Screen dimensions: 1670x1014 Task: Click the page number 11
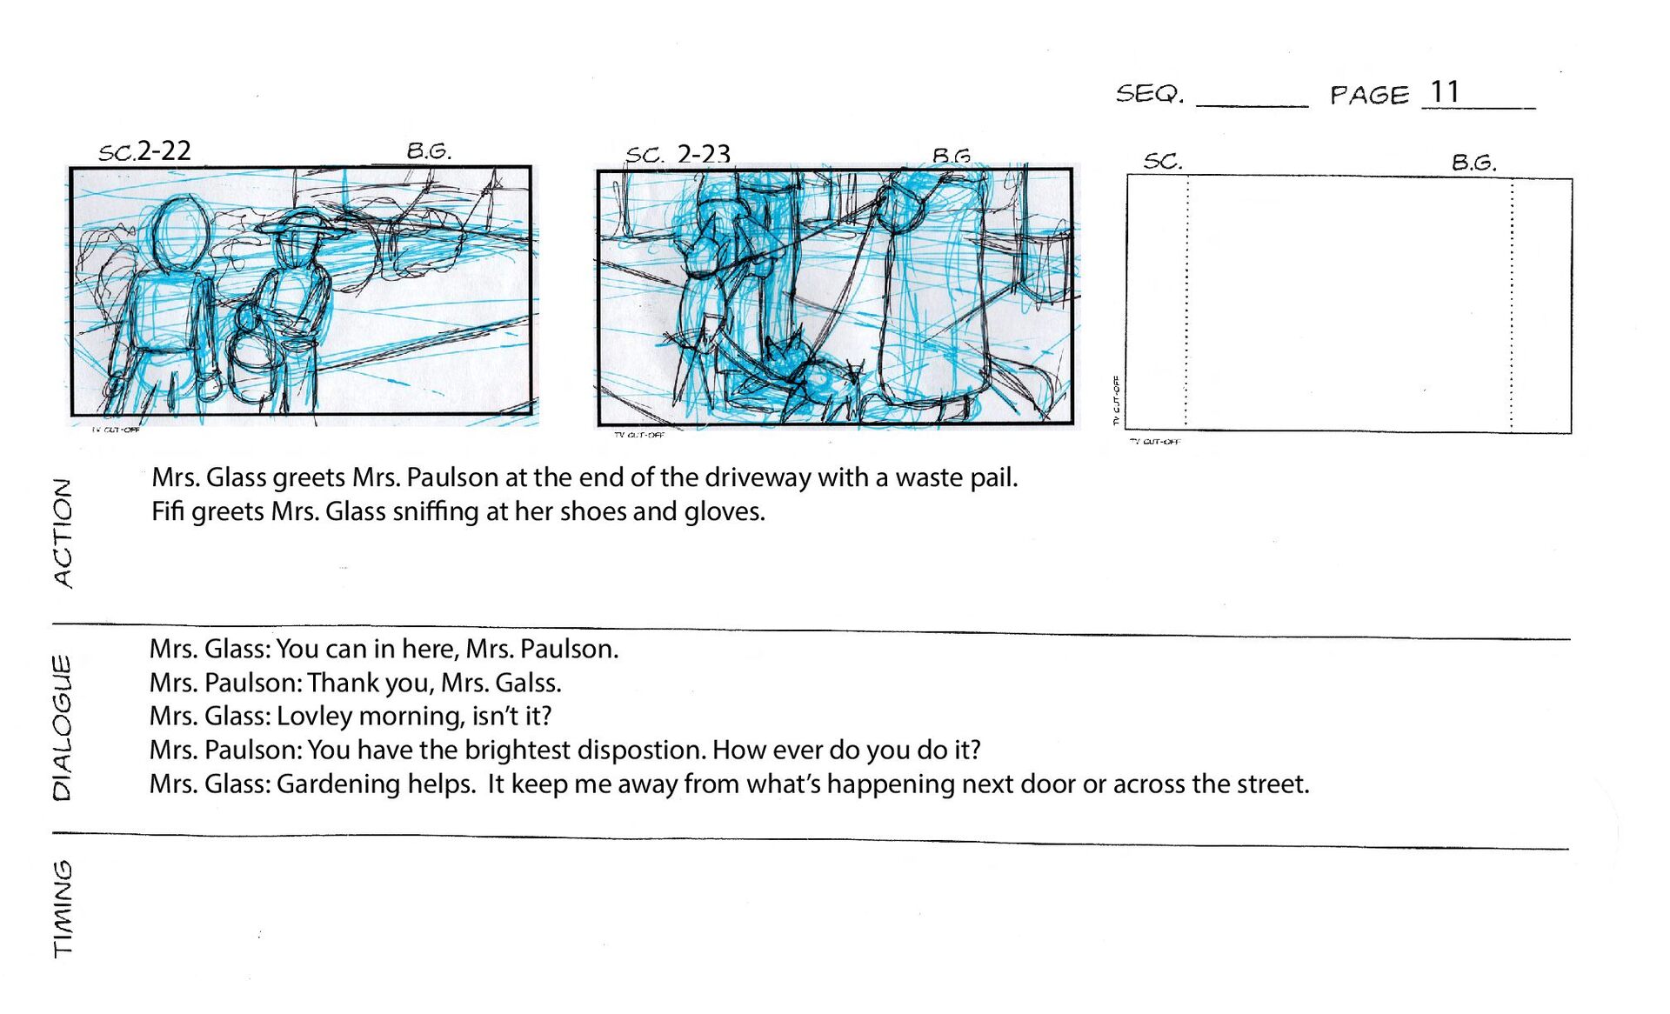pos(1445,91)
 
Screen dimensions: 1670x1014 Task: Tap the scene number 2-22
pos(164,150)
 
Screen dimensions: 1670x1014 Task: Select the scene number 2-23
pos(703,154)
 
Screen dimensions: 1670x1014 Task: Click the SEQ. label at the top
pos(1150,93)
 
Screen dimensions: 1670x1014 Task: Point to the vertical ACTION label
pos(63,532)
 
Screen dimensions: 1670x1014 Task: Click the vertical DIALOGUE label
pos(62,727)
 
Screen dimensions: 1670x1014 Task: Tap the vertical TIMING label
pos(63,908)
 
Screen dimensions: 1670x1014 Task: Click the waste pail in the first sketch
pos(253,365)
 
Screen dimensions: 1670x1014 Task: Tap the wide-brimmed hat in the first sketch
pos(300,224)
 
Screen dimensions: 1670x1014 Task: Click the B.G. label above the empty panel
pos(1473,163)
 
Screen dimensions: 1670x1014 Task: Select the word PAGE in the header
pos(1369,95)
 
